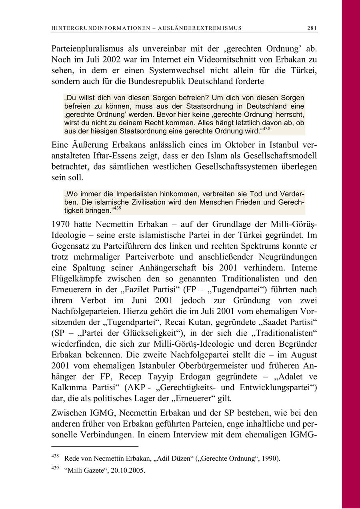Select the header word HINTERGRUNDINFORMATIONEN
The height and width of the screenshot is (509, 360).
coord(91,28)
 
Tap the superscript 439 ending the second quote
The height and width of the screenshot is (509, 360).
coord(116,208)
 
